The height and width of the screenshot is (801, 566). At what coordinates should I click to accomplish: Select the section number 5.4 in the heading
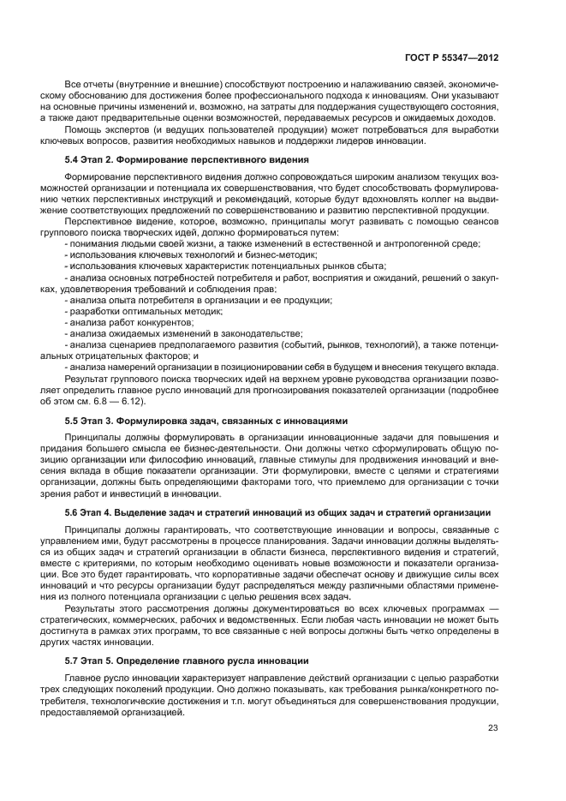73,160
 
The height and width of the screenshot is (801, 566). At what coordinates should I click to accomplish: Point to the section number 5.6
73,512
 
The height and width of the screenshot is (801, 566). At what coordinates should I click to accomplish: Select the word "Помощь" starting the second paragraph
83,130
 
